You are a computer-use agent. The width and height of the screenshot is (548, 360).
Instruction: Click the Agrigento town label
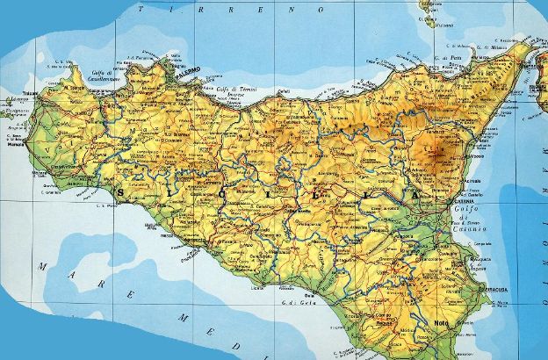point(214,261)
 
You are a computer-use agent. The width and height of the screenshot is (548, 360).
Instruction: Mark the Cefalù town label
point(283,90)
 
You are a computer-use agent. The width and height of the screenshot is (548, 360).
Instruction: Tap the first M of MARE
point(41,265)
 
